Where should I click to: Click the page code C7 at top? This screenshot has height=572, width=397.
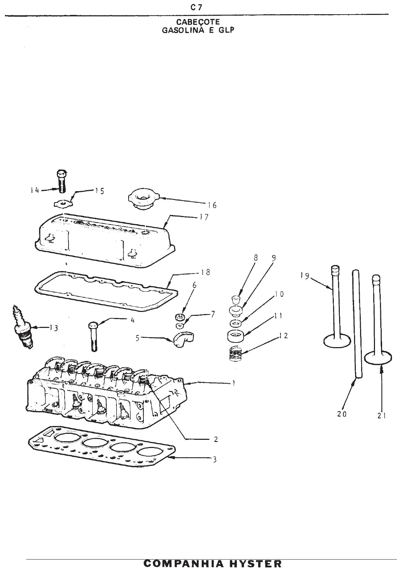pyautogui.click(x=196, y=8)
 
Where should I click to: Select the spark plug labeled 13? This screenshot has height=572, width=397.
pyautogui.click(x=23, y=327)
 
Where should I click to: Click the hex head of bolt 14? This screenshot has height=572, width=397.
pyautogui.click(x=61, y=174)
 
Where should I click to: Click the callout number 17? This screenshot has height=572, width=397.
pyautogui.click(x=205, y=217)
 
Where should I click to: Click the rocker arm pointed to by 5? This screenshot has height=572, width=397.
pyautogui.click(x=183, y=339)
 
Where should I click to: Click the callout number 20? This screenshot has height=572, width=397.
pyautogui.click(x=342, y=414)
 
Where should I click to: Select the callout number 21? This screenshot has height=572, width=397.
pyautogui.click(x=382, y=416)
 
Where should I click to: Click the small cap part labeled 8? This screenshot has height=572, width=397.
pyautogui.click(x=236, y=300)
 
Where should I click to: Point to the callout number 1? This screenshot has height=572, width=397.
pyautogui.click(x=233, y=383)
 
